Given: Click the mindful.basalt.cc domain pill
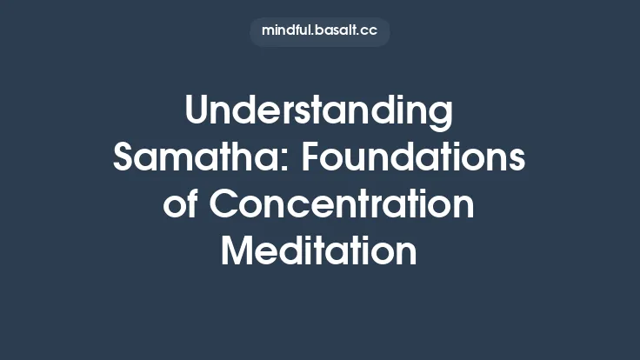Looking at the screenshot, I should coord(319,31).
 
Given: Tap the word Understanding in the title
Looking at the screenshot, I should coord(319,113).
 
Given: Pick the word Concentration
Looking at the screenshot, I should coord(343,205).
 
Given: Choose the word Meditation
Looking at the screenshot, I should coord(319,251).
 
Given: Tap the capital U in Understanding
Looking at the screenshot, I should coord(197,113).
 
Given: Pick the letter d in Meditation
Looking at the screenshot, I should coord(294,251).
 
